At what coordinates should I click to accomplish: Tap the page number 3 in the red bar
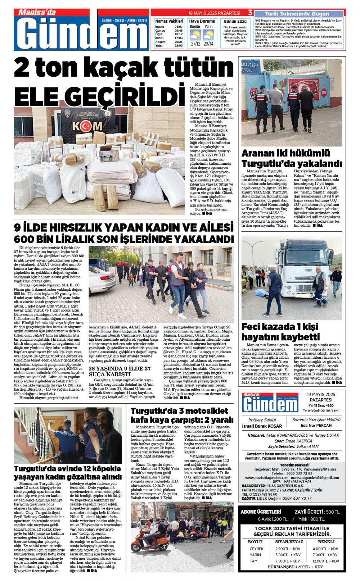coord(250,13)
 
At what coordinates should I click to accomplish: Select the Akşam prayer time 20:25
coord(178,42)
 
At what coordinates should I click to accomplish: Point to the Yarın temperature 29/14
coord(208,44)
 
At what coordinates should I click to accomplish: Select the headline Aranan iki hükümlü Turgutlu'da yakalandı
coord(291,158)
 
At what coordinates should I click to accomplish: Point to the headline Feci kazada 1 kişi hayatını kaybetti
coord(280,332)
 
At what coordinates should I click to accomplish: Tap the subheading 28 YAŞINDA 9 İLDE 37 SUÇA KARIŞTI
coord(120,371)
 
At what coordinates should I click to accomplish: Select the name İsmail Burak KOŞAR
coord(262,426)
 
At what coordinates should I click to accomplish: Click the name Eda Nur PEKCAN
coord(316,426)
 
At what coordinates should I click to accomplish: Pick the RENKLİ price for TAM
coord(325,561)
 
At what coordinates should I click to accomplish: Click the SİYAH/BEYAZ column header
coord(289,541)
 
